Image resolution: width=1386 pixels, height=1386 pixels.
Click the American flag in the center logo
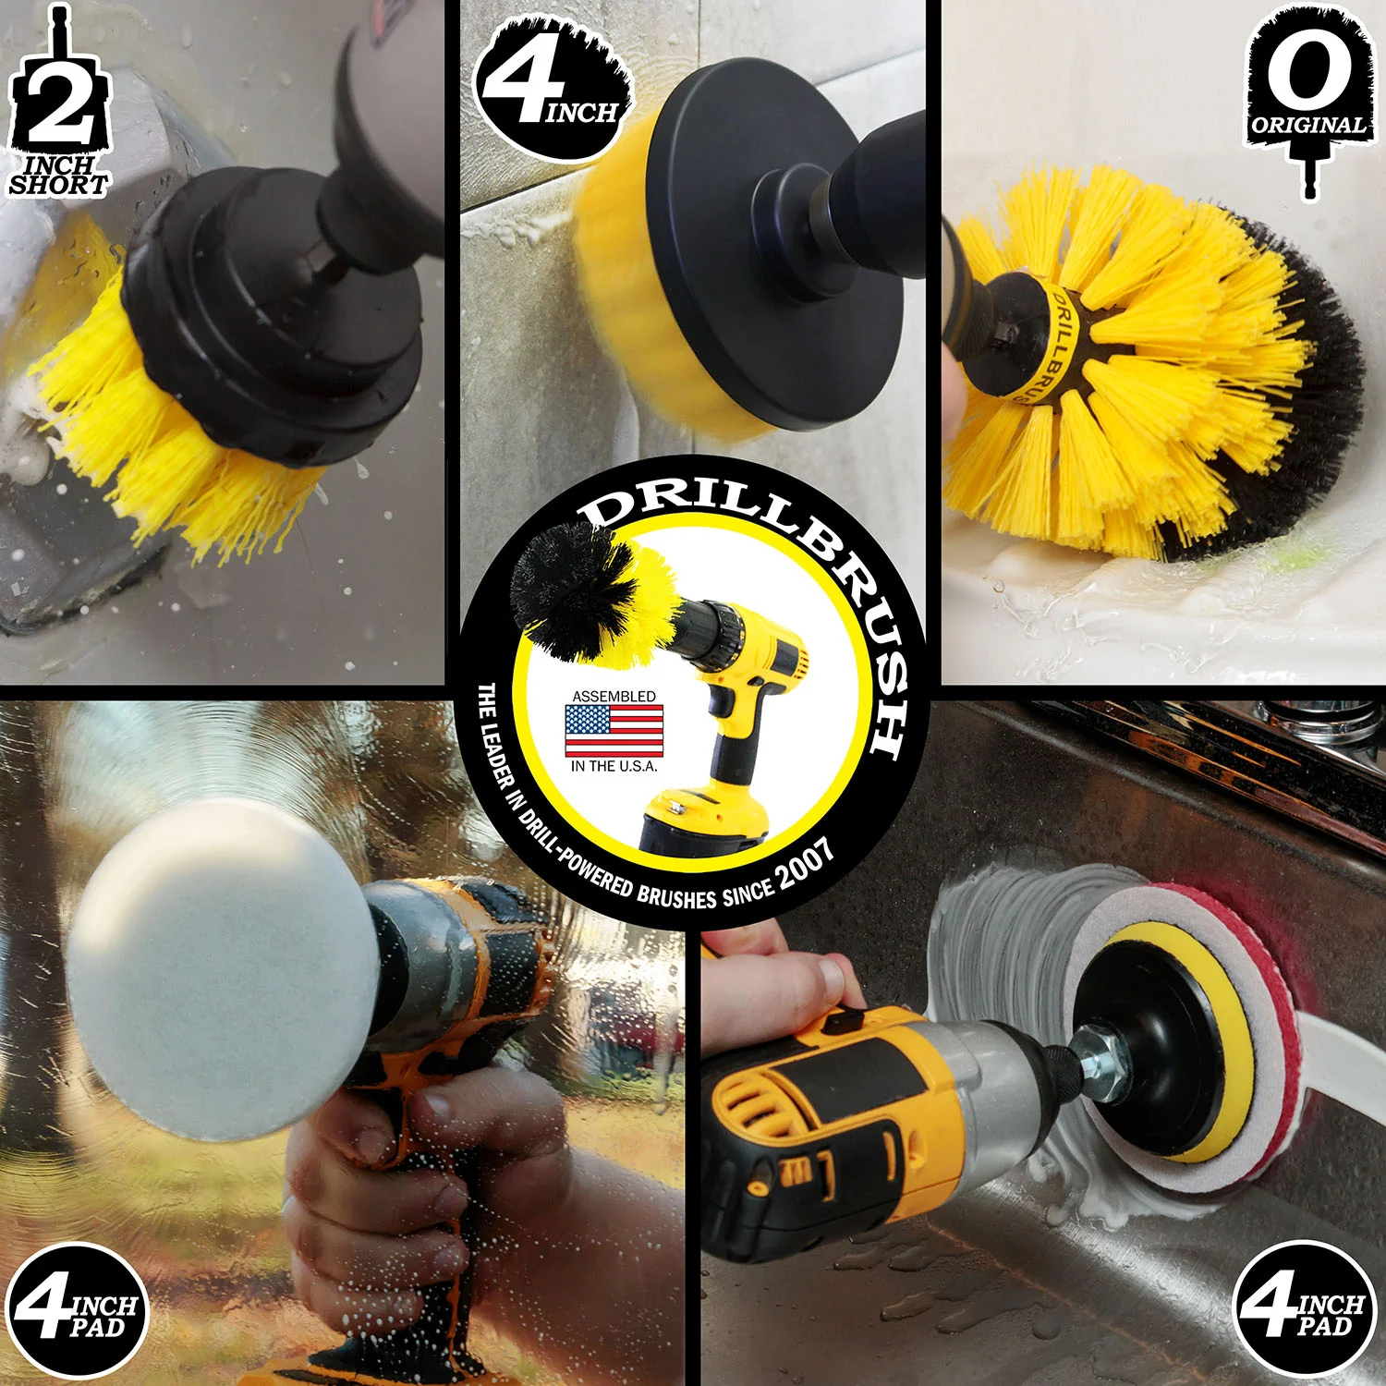click(x=614, y=731)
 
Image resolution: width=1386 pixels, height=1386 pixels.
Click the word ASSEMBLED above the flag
click(x=614, y=696)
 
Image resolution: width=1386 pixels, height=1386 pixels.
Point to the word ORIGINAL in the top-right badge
click(x=1307, y=124)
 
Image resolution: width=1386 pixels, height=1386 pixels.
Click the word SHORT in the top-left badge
click(x=58, y=184)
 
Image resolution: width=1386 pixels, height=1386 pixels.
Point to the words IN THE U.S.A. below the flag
click(x=614, y=766)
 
